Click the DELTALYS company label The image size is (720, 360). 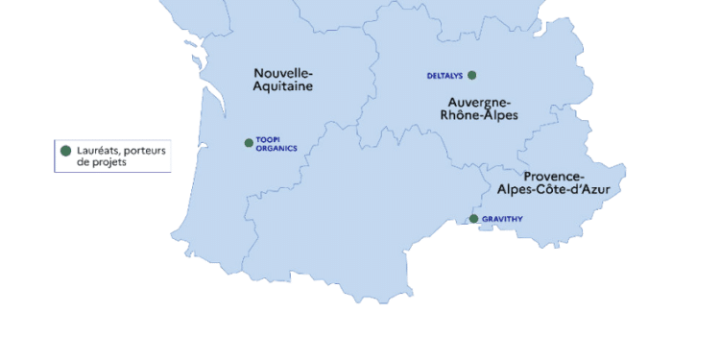point(444,76)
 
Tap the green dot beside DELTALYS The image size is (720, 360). point(471,75)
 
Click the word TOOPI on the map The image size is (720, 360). point(267,139)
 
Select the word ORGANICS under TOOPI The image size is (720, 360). point(276,148)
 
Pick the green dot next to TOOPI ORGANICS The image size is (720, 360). point(249,143)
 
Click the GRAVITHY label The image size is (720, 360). point(502,219)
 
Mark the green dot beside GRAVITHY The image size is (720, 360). point(473,219)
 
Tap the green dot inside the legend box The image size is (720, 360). point(65,151)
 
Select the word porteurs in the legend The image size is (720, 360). point(146,150)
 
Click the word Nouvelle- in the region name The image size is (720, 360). point(283,73)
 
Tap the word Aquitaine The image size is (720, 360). point(282,86)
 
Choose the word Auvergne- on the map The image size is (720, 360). point(479,102)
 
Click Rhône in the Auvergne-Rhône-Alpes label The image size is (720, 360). point(462,115)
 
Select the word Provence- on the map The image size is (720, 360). point(554,177)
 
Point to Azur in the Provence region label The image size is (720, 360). point(593,190)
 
